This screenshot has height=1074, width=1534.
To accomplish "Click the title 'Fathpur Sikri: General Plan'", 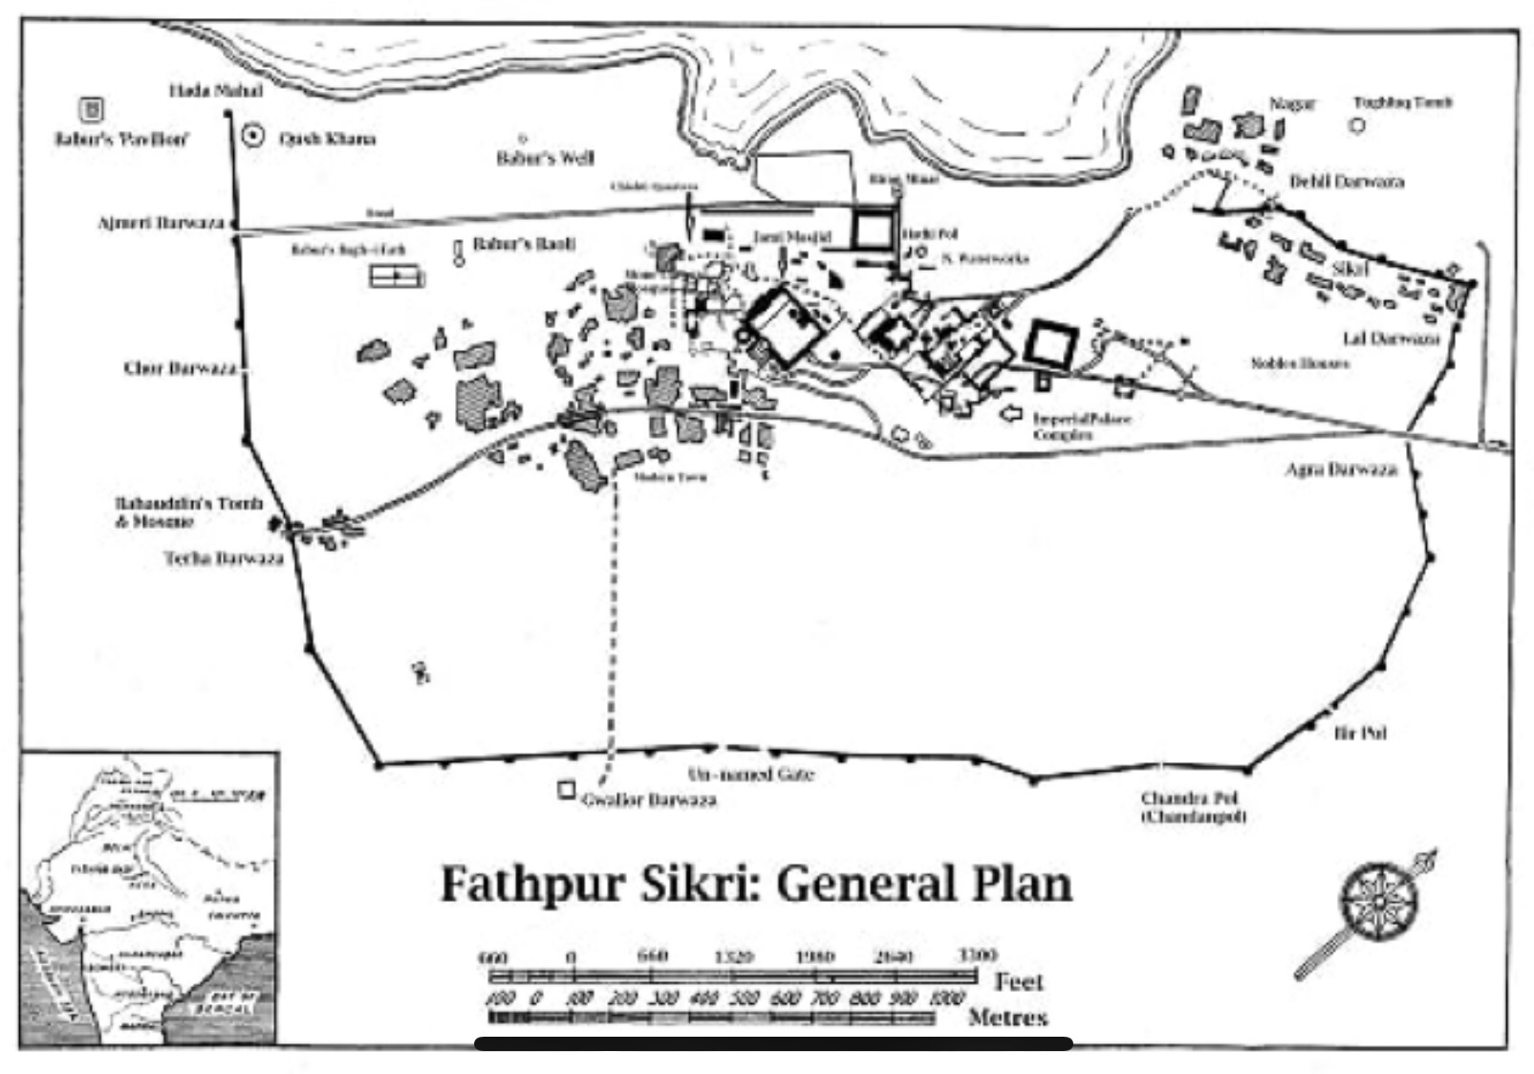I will [x=755, y=884].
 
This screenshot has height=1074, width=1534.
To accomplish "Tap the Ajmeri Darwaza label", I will [x=161, y=224].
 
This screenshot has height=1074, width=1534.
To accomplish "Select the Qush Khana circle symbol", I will [x=253, y=137].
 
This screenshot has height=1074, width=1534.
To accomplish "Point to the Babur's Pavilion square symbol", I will [x=92, y=110].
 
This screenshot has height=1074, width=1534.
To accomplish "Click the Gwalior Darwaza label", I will [x=649, y=800].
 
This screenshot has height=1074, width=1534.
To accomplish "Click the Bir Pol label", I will [x=1360, y=734].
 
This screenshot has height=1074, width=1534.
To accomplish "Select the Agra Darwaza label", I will [x=1341, y=469].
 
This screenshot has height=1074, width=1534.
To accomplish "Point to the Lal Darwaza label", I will [x=1391, y=339].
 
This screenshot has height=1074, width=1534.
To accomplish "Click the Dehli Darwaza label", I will [x=1347, y=182].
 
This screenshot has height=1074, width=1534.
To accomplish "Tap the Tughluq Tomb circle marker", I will [x=1357, y=125].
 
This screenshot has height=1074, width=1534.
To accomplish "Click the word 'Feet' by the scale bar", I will [x=1019, y=981].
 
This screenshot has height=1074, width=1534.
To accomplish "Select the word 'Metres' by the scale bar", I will [x=1007, y=1017].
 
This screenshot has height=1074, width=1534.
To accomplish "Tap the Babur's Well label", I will [x=545, y=158].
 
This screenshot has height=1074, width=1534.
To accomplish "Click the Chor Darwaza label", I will [x=180, y=368].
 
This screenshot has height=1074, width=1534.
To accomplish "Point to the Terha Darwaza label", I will [x=224, y=558].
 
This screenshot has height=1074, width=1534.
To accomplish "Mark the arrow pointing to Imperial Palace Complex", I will [x=1010, y=414].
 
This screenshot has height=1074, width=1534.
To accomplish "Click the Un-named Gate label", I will [x=750, y=774].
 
